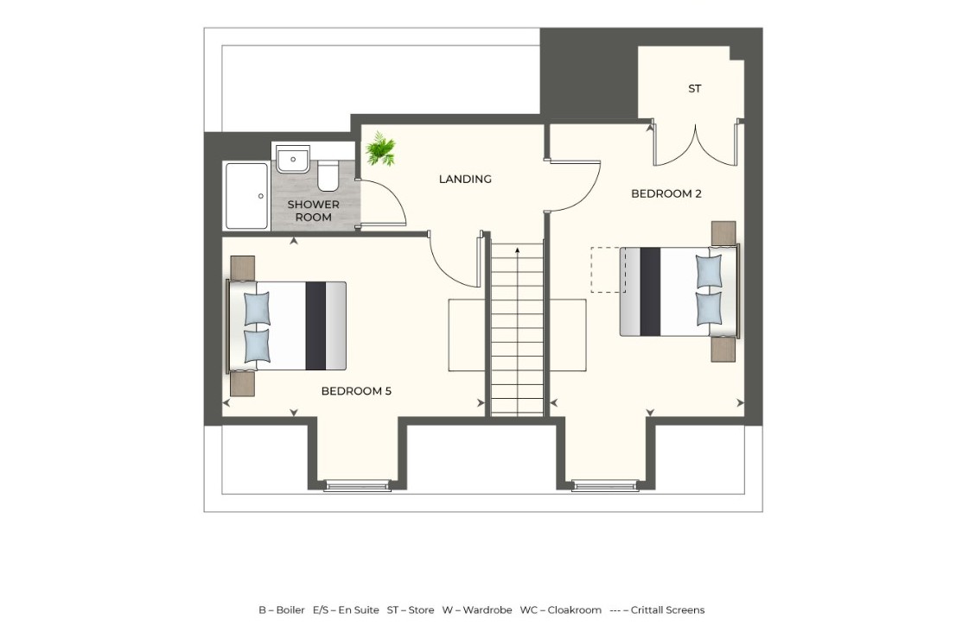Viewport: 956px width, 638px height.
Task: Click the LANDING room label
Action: pyautogui.click(x=465, y=180)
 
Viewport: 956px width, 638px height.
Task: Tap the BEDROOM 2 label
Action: pyautogui.click(x=666, y=194)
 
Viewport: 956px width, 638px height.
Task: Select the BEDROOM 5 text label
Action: pyautogui.click(x=356, y=391)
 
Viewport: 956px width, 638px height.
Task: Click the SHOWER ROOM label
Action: pyautogui.click(x=313, y=211)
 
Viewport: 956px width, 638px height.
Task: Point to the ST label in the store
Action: pyautogui.click(x=694, y=89)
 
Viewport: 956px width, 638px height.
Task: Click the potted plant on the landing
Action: pyautogui.click(x=379, y=149)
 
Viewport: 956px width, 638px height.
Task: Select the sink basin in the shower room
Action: pyautogui.click(x=293, y=160)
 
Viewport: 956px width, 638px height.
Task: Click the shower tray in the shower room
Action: pyautogui.click(x=246, y=196)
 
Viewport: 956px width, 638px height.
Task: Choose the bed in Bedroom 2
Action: pyautogui.click(x=679, y=291)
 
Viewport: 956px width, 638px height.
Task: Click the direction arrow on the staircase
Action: pyautogui.click(x=517, y=252)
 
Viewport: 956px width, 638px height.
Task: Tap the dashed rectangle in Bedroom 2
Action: pyautogui.click(x=605, y=269)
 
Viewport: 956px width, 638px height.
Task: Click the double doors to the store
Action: pyautogui.click(x=695, y=144)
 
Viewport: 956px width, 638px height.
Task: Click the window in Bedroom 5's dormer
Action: pyautogui.click(x=357, y=487)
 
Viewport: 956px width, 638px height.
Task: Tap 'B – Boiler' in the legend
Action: pyautogui.click(x=281, y=610)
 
